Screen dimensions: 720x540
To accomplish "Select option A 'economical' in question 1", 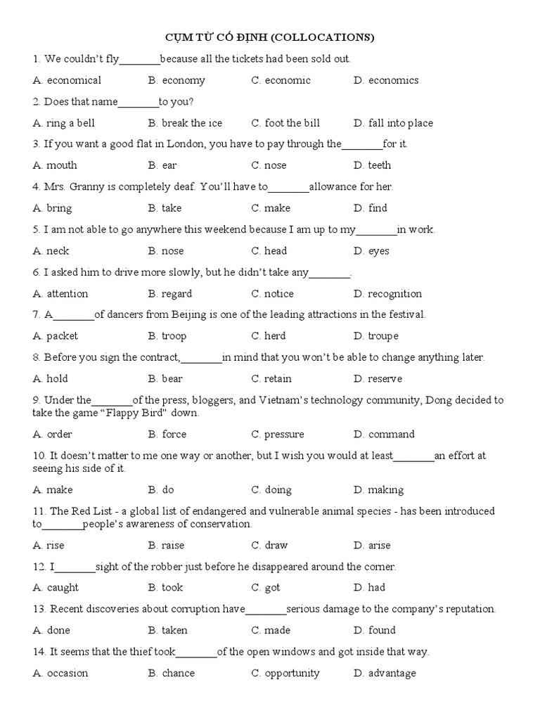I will (x=74, y=80).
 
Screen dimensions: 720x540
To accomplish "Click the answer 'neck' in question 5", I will (x=58, y=251).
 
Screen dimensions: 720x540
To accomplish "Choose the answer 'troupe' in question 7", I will (x=383, y=336).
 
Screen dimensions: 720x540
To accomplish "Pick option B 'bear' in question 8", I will (x=172, y=379).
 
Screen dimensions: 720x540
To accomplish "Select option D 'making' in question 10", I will (x=386, y=490).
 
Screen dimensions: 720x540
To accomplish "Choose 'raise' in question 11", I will (x=173, y=546).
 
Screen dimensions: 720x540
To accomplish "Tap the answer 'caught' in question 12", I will (x=63, y=588).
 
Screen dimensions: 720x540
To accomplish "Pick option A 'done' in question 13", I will (x=58, y=631).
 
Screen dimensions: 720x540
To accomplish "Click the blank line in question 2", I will (x=139, y=102).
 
